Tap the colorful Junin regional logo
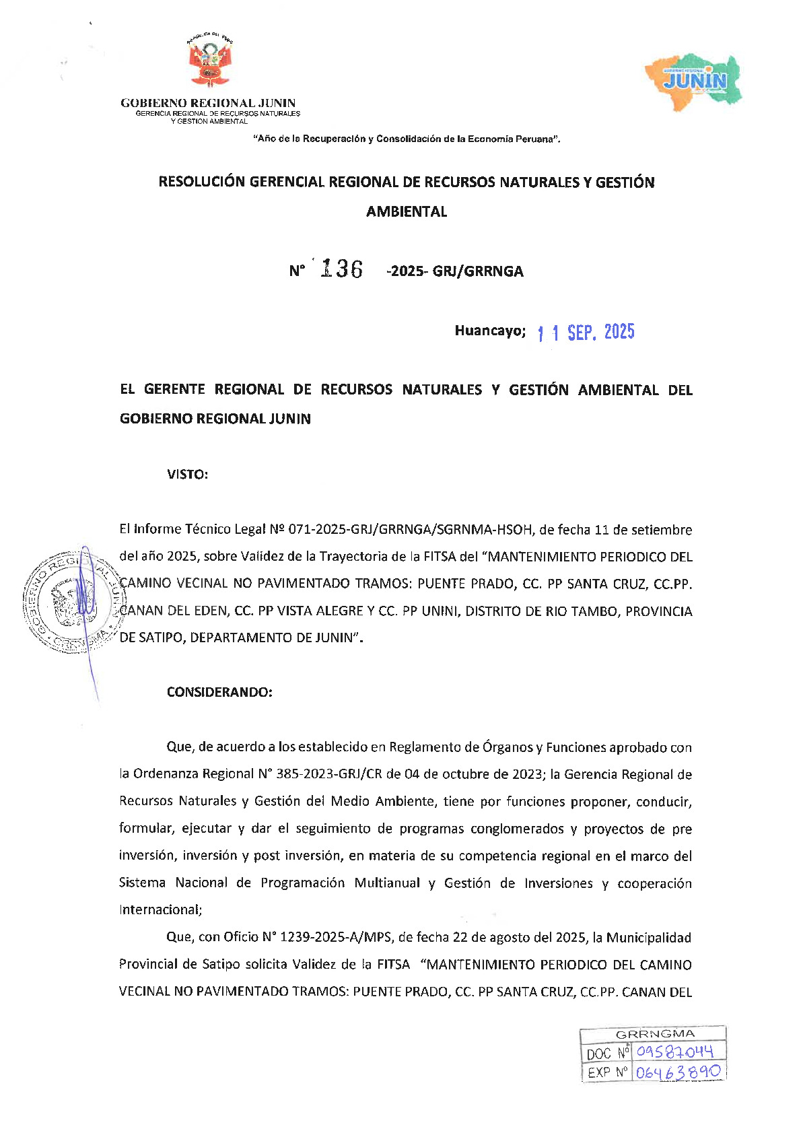coord(694,79)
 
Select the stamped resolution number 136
coord(342,269)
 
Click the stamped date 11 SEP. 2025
coord(586,333)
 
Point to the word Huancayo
coord(489,331)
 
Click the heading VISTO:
coord(187,475)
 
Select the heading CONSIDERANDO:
coord(219,692)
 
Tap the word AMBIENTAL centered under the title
coord(407,211)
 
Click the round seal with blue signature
coord(70,600)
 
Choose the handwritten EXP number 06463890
coord(677,1072)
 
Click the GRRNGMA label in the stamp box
coord(654,1034)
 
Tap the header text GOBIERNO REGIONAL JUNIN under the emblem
coord(208,103)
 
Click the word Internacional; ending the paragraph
coord(160,910)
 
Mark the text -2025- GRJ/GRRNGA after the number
coord(455,271)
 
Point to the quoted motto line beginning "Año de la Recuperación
coord(407,139)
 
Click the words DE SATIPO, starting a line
coord(153,638)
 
